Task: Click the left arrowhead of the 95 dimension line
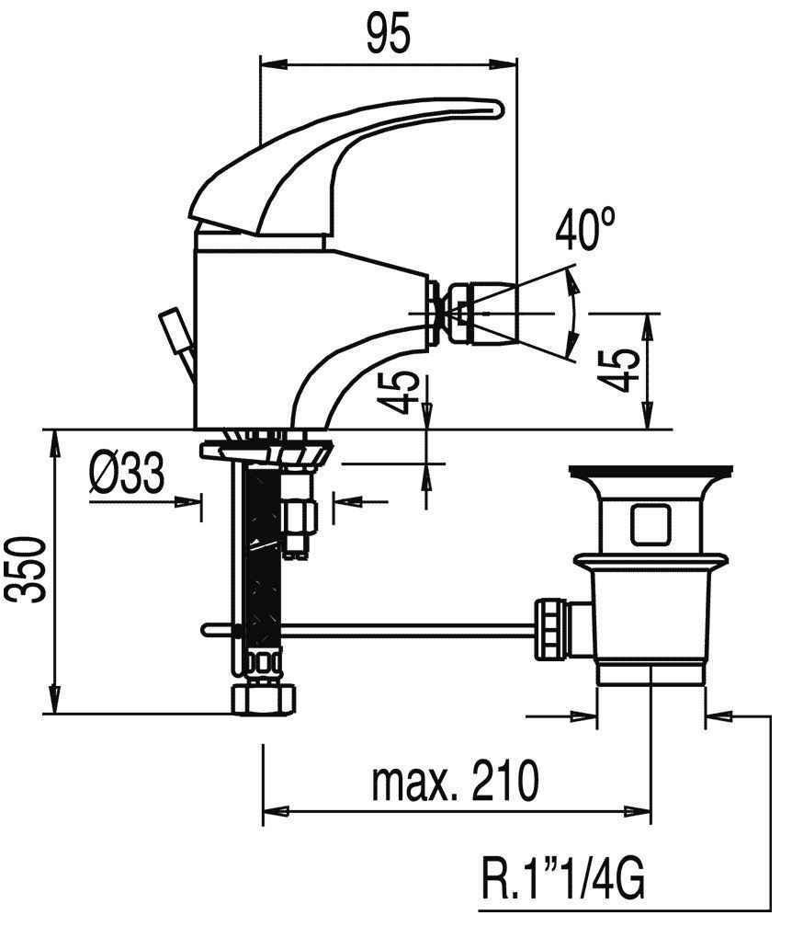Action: click(x=273, y=63)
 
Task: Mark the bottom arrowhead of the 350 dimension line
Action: click(x=55, y=701)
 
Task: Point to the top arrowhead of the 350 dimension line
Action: click(x=55, y=443)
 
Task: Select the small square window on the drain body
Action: click(x=650, y=524)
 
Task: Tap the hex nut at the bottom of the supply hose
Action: click(x=264, y=698)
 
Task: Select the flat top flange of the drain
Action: click(x=651, y=471)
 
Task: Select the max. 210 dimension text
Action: click(x=456, y=780)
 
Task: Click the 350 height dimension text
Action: click(x=27, y=569)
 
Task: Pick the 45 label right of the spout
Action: click(x=617, y=371)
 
